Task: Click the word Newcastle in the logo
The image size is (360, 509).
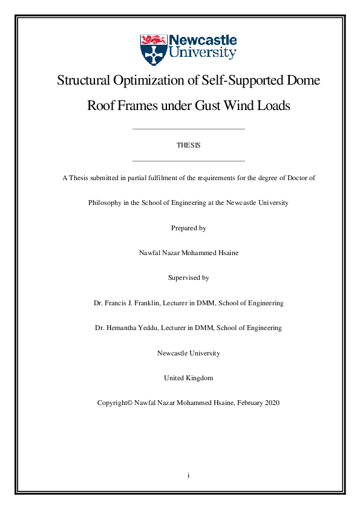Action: click(x=203, y=40)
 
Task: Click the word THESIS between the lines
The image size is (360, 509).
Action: click(x=188, y=146)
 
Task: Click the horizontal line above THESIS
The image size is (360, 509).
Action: click(x=188, y=129)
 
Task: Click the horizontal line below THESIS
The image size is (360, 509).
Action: click(x=188, y=161)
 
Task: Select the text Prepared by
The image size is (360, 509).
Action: click(x=189, y=228)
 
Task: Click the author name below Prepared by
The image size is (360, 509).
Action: click(x=189, y=253)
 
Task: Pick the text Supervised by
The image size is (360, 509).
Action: click(x=188, y=277)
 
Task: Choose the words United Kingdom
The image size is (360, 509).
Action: click(x=188, y=378)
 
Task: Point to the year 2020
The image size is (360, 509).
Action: click(x=271, y=403)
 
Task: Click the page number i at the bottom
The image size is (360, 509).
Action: click(x=189, y=476)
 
